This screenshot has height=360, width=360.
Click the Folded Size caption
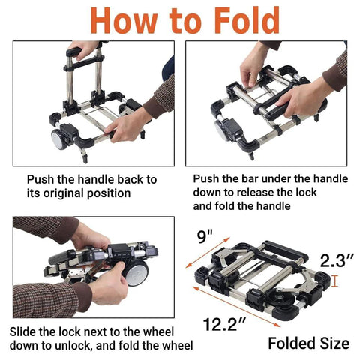pos(308,343)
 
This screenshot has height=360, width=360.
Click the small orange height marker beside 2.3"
pos(335,281)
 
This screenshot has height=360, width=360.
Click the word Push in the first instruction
pos(42,180)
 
